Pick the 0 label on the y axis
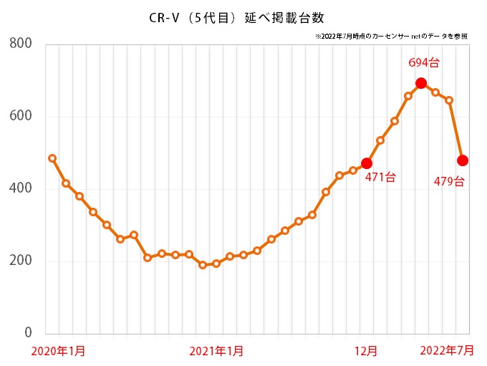click(29, 333)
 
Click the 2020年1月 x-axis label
click(58, 351)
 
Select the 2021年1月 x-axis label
click(216, 351)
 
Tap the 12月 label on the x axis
click(367, 351)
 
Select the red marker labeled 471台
click(367, 163)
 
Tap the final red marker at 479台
click(463, 160)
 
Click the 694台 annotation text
click(423, 63)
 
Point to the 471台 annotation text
click(380, 178)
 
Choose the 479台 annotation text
click(449, 182)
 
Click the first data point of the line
click(52, 158)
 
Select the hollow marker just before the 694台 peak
click(408, 95)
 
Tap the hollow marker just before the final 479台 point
click(449, 100)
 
